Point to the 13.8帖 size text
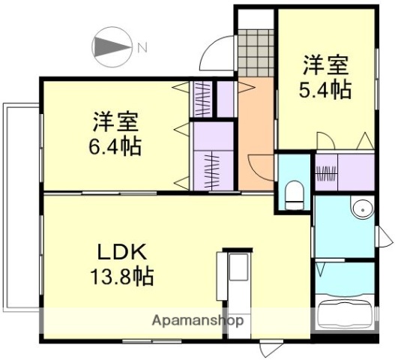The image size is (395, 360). point(124,277)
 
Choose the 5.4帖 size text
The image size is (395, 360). point(324,89)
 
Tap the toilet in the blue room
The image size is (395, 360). point(293,193)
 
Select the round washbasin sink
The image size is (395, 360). point(363,208)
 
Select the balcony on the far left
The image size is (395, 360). point(19,206)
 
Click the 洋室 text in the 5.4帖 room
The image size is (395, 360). point(324,63)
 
